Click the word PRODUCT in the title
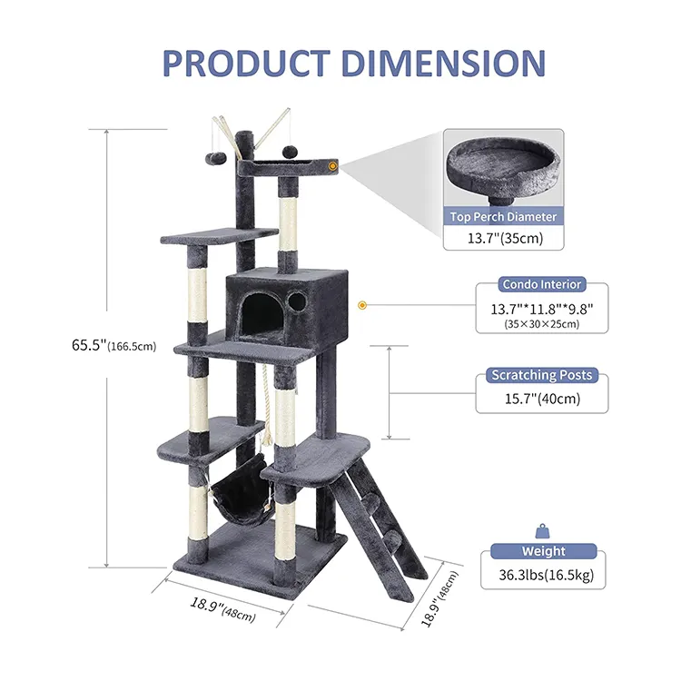[x=246, y=64]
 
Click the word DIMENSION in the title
[x=443, y=64]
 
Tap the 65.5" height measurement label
[x=113, y=346]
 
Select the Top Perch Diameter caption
[x=503, y=217]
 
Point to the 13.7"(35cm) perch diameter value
[x=505, y=239]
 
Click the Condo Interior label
[x=541, y=284]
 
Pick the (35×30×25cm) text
[x=541, y=324]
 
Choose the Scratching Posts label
[x=541, y=375]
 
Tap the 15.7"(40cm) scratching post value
[x=542, y=399]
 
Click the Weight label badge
[x=544, y=551]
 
